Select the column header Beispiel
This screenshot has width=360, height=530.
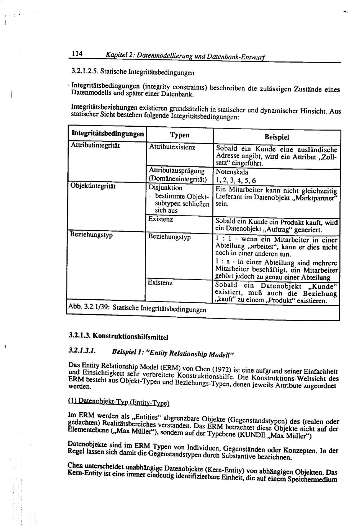(x=276, y=137)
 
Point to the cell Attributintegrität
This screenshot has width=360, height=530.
(x=95, y=145)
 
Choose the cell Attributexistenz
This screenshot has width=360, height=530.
(x=172, y=148)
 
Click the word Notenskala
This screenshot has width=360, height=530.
(x=232, y=172)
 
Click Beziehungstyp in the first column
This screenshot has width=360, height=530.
(x=91, y=235)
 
